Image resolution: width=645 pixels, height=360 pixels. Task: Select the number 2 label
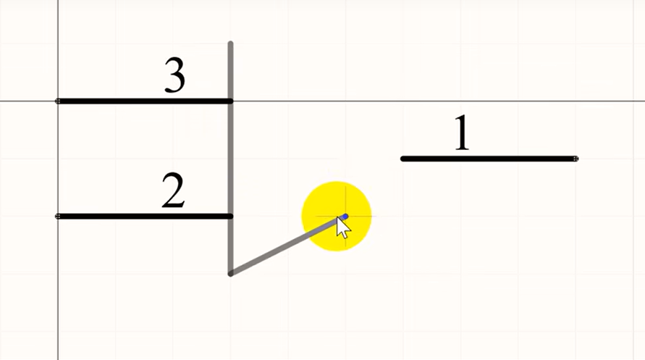(x=173, y=192)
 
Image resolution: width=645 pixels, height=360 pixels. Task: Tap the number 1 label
(x=462, y=134)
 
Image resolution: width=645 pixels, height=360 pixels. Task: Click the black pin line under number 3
(x=145, y=101)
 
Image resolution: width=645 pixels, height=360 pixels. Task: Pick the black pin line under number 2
(x=145, y=216)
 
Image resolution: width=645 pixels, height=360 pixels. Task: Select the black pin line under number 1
(x=489, y=159)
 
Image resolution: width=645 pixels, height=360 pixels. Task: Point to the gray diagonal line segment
(x=282, y=246)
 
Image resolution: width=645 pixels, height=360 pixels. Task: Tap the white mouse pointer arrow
(x=343, y=227)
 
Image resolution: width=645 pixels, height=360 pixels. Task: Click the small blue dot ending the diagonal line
(x=345, y=216)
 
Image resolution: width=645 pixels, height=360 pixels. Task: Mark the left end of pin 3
(x=59, y=101)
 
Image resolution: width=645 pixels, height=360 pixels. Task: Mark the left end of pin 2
(x=59, y=216)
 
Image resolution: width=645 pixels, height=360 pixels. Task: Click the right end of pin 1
(x=576, y=159)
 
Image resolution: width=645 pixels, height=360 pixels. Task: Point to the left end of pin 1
(x=403, y=159)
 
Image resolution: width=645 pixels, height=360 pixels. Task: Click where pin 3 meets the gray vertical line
(x=230, y=101)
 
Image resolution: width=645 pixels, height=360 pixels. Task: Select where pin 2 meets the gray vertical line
(x=230, y=216)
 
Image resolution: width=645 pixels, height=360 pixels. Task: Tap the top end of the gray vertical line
(x=230, y=44)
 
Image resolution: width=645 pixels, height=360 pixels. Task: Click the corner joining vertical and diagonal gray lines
(x=231, y=273)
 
